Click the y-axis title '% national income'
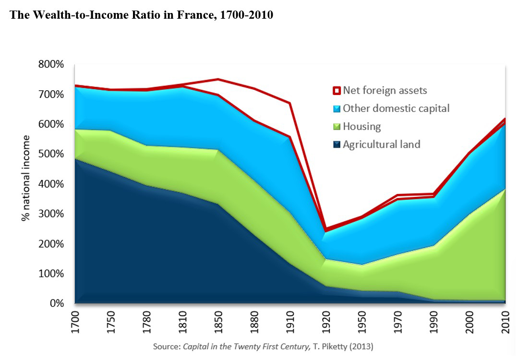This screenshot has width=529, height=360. [26, 178]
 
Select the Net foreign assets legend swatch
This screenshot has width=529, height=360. [337, 90]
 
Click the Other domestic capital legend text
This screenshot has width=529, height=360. [396, 108]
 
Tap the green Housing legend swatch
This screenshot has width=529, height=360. [337, 127]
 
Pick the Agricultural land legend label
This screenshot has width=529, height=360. [382, 144]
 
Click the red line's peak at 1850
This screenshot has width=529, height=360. [219, 79]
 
